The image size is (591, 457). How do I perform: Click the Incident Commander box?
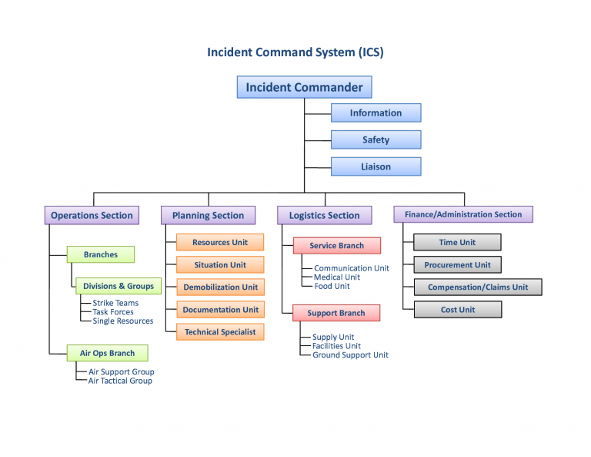[304, 87]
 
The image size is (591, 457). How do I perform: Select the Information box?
[376, 113]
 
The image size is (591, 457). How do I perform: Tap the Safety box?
[376, 139]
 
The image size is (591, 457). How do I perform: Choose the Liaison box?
[376, 166]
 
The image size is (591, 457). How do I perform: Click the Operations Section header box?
[92, 215]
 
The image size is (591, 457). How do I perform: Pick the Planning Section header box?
[208, 215]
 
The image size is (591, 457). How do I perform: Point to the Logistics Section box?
[324, 215]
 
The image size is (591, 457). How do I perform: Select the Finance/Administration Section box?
[463, 214]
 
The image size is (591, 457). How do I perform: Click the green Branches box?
[101, 254]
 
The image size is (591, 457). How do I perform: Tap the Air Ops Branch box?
[107, 353]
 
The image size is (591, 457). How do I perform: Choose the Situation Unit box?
[220, 264]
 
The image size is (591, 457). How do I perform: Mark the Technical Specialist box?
[220, 332]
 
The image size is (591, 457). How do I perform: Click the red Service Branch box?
[336, 246]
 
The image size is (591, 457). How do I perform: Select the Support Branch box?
[336, 313]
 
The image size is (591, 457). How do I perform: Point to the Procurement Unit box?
[457, 264]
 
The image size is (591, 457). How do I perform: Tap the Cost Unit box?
[457, 310]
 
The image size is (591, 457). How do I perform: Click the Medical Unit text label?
[336, 277]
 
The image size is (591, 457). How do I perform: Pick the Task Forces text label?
[113, 312]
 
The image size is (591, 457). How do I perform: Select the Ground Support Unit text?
[350, 355]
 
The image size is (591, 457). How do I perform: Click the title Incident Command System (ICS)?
[295, 52]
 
